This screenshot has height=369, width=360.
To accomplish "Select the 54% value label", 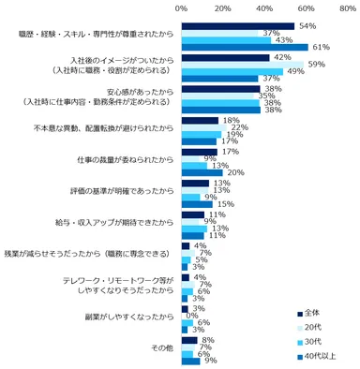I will pyautogui.click(x=307, y=26).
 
